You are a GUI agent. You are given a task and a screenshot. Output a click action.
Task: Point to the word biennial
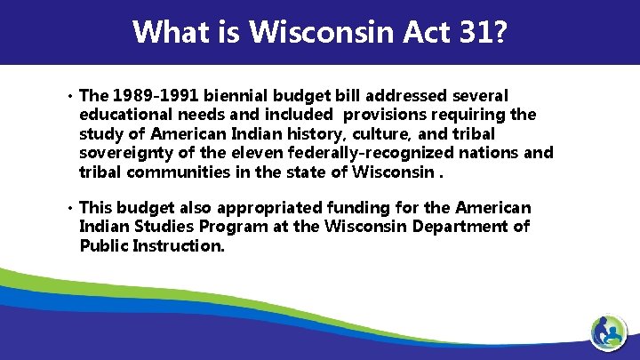pyautogui.click(x=243, y=95)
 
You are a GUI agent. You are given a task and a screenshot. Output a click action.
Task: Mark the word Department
pyautogui.click(x=454, y=227)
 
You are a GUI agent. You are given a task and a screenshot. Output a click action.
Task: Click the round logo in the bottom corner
pyautogui.click(x=612, y=334)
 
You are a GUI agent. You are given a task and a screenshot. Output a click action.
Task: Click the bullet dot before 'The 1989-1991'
pyautogui.click(x=68, y=95)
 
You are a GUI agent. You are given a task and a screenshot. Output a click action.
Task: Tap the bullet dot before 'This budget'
pyautogui.click(x=68, y=208)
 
